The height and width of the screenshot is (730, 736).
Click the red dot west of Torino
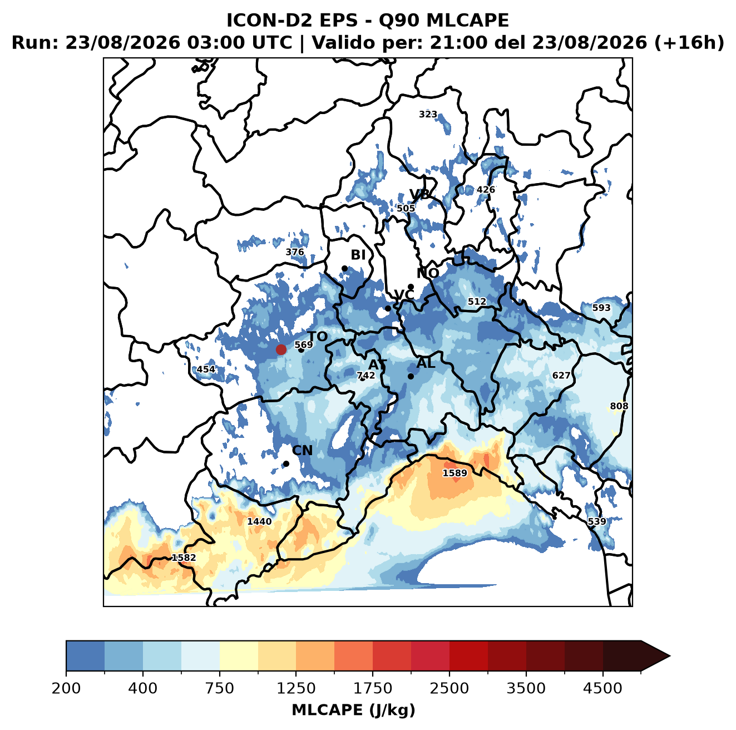[x=281, y=349]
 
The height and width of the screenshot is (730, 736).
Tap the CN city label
[x=302, y=450]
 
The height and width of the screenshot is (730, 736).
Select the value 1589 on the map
[x=455, y=473]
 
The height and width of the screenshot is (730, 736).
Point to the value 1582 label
[x=184, y=558]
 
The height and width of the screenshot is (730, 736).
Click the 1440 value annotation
[x=259, y=521]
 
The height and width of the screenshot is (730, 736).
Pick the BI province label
[x=358, y=255]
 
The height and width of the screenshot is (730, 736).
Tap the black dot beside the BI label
[x=344, y=269]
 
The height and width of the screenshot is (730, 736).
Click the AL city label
[x=426, y=363]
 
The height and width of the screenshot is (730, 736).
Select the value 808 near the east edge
[x=619, y=406]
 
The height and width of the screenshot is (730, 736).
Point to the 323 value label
[x=428, y=114]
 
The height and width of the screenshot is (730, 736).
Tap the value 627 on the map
[x=561, y=376]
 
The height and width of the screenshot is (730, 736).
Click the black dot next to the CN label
[x=286, y=463]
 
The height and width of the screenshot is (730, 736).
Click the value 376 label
[x=295, y=252]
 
